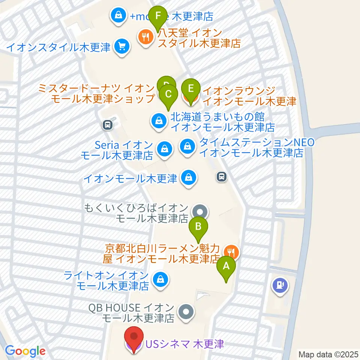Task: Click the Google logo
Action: [25, 351]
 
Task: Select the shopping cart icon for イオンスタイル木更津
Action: [122, 47]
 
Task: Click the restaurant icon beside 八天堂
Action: [145, 37]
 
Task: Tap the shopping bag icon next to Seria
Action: [165, 149]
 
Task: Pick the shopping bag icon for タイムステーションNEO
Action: [187, 147]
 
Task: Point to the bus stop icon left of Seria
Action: [108, 125]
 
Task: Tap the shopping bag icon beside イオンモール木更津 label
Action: [187, 178]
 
